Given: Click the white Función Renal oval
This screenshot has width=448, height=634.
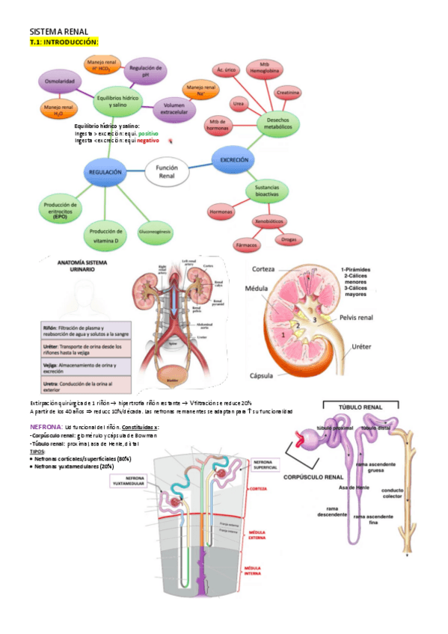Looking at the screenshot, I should [x=166, y=172].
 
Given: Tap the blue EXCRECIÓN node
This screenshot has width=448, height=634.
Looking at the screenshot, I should [x=235, y=159].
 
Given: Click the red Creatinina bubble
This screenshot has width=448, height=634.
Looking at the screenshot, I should [x=289, y=93].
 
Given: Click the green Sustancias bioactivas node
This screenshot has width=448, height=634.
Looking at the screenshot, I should [x=266, y=191].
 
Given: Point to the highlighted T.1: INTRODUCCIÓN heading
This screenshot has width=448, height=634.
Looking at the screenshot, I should [x=64, y=43].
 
